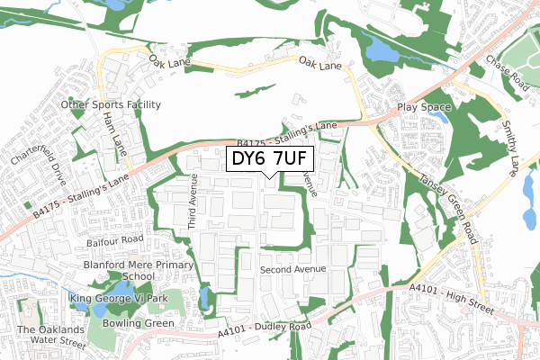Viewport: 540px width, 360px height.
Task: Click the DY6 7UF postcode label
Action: point(268,160)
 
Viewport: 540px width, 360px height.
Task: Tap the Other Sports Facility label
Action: point(111,104)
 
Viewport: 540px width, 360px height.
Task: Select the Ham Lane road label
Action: point(112,130)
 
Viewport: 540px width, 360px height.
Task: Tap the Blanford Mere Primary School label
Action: point(138,271)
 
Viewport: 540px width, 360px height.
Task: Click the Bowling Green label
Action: point(139,321)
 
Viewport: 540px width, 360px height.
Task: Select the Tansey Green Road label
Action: point(446,206)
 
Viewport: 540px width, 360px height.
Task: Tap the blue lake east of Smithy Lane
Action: point(529,189)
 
